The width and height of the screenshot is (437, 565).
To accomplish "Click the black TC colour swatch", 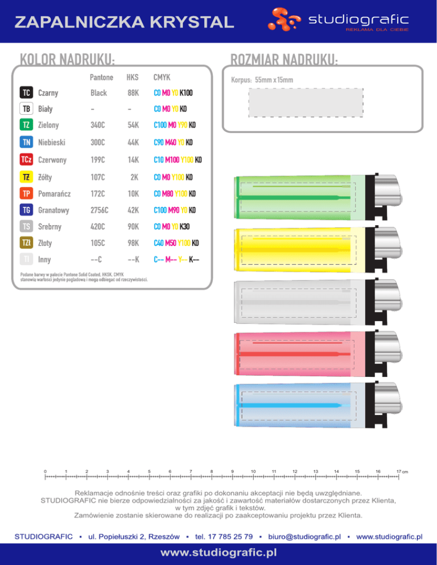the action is [x=26, y=93].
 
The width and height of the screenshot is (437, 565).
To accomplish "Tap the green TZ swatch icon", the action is [x=26, y=124].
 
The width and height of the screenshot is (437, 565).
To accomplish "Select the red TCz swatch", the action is [x=26, y=159].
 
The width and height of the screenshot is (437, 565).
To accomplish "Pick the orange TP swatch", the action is [x=26, y=193].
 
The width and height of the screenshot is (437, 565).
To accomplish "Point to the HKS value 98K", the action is [x=133, y=243].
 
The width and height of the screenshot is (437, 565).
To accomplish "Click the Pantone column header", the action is [x=101, y=77].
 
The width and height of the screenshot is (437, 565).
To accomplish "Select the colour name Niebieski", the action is [x=52, y=142].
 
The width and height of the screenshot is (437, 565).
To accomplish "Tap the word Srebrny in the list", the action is [x=50, y=227].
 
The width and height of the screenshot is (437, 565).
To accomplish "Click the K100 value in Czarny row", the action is [x=186, y=93].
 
